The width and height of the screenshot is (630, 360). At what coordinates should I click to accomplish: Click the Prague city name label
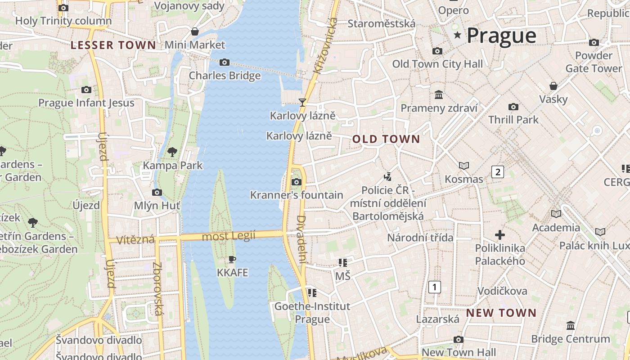(501, 36)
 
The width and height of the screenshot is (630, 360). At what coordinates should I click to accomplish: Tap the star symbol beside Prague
(458, 35)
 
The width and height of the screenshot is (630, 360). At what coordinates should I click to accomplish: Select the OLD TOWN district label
(386, 139)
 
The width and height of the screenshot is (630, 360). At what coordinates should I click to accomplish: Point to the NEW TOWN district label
(501, 313)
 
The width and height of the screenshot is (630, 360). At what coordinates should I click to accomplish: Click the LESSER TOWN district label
(113, 45)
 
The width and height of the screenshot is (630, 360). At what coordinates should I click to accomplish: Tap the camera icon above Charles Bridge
(224, 62)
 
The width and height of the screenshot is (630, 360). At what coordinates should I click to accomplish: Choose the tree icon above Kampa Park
(172, 152)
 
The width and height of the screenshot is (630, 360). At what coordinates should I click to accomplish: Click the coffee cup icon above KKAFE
(232, 259)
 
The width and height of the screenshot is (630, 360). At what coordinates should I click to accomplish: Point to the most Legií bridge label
(229, 235)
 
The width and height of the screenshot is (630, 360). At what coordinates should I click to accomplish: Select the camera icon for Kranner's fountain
(296, 182)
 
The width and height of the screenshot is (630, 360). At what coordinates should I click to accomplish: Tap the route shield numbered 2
(497, 171)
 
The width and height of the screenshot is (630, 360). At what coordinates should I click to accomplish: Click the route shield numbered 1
(434, 287)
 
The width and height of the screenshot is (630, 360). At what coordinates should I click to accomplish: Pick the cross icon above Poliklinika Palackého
(499, 234)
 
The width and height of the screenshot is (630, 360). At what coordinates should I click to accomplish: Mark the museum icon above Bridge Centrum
(571, 325)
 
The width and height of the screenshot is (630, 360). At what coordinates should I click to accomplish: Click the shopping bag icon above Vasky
(553, 85)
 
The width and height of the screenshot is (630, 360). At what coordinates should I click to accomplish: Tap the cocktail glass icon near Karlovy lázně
(302, 103)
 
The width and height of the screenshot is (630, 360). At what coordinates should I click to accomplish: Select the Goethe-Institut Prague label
(312, 313)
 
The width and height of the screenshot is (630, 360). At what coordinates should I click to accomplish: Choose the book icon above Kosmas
(463, 166)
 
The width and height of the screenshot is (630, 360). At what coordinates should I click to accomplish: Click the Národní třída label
(420, 238)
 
